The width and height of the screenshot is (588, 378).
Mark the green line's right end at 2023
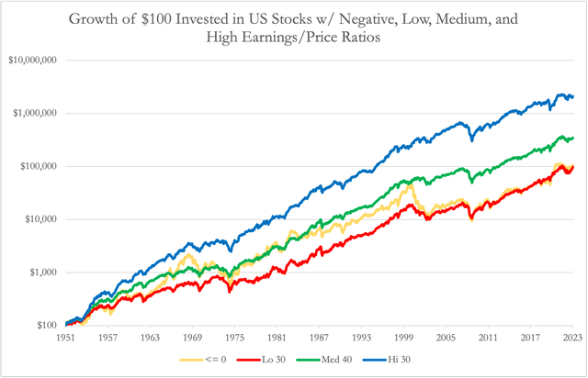[x=572, y=139]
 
